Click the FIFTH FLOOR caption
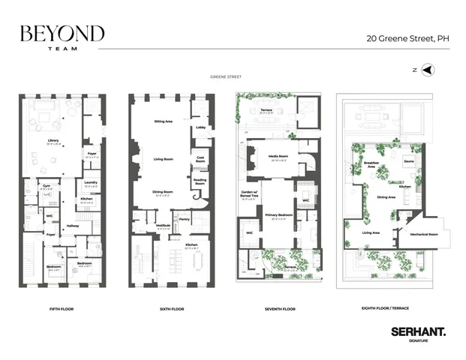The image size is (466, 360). click(x=59, y=308)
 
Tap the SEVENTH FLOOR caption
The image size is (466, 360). click(x=280, y=308)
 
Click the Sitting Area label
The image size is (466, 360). click(x=164, y=121)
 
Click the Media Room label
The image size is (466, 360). click(x=278, y=157)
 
